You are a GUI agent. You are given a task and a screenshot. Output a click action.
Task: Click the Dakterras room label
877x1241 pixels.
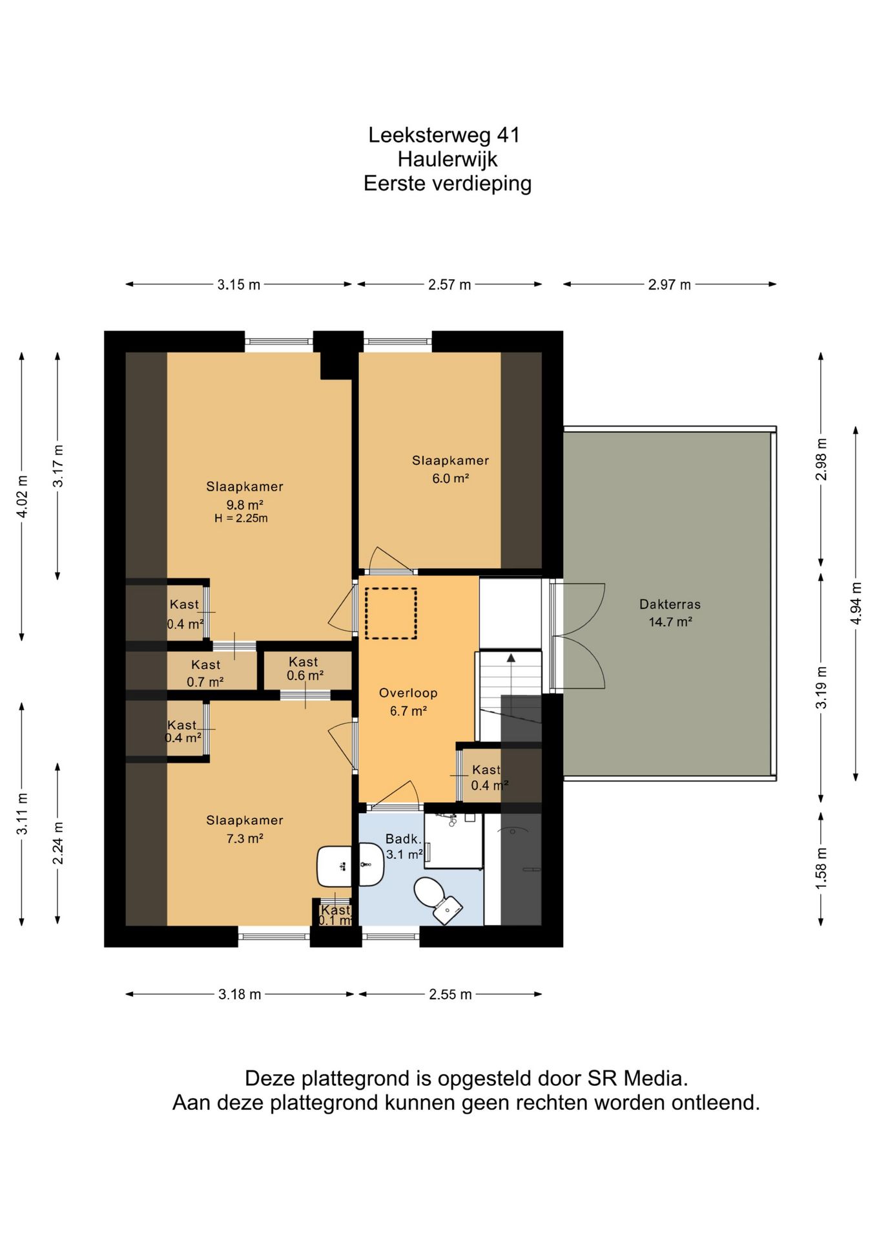point(670,604)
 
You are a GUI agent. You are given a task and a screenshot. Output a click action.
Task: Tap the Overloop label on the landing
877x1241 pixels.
point(408,693)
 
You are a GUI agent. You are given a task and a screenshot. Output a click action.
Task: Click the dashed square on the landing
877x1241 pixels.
point(391,613)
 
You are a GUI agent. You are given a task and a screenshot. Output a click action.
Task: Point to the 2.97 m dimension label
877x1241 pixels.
point(670,284)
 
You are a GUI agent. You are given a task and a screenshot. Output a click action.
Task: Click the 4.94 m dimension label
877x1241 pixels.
point(856,603)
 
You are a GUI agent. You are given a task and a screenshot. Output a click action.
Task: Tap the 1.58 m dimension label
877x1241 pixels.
point(821,868)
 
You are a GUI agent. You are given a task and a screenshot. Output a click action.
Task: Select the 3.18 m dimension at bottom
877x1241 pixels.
point(240,994)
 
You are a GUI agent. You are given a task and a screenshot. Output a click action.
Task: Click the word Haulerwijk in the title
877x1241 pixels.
point(448,159)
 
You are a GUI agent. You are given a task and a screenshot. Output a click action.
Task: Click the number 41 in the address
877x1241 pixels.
point(508,135)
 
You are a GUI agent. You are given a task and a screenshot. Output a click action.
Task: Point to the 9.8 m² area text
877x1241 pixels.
point(245,505)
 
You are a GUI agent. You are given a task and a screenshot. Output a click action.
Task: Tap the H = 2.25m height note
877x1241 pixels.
point(241,518)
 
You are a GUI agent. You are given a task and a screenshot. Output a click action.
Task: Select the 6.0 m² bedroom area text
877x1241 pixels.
point(450,479)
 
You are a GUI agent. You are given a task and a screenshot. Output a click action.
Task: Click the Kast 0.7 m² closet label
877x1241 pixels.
point(205,673)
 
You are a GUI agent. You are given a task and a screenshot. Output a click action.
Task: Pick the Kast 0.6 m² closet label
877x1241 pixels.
point(305,669)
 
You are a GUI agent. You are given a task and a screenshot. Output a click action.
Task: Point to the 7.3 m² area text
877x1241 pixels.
point(245,839)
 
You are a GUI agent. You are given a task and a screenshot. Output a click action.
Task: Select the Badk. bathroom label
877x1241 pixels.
point(404,839)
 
